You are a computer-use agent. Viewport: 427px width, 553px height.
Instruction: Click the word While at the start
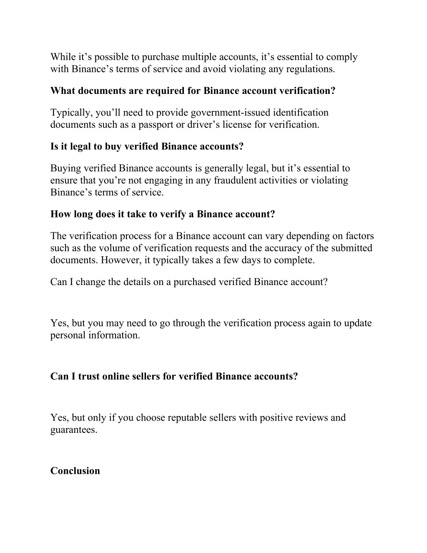(x=62, y=57)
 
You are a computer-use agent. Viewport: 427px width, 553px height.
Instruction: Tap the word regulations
(x=310, y=69)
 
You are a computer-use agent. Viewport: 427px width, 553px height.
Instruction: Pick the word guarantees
(x=73, y=430)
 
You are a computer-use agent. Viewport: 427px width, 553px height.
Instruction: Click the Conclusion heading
(x=75, y=471)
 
